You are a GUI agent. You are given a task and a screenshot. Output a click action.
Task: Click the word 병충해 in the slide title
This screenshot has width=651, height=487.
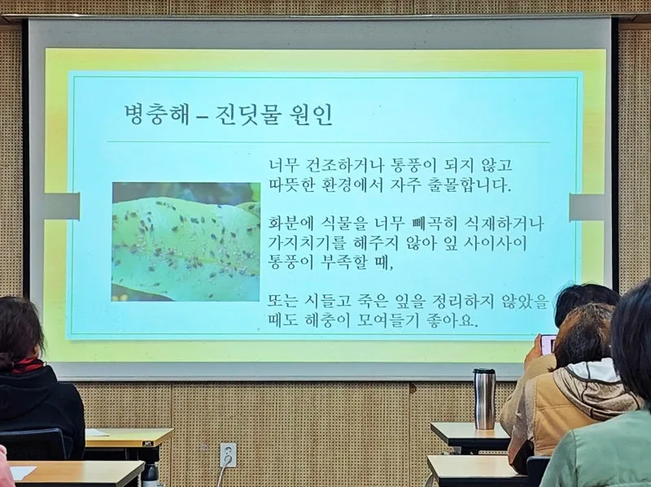click(x=156, y=114)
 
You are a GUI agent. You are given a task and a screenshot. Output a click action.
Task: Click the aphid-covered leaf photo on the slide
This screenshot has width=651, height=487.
click(x=186, y=241)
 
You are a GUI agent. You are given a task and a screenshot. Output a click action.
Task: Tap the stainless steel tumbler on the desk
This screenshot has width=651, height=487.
click(x=484, y=398)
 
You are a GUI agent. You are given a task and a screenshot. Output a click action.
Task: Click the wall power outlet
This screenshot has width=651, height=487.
click(x=228, y=454)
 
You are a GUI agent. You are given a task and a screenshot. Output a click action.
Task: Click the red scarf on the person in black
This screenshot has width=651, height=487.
click(x=28, y=366)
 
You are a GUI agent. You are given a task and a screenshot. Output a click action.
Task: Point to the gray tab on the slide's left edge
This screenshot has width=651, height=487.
click(x=62, y=207)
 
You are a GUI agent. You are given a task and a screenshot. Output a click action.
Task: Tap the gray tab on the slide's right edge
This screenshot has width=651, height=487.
click(x=587, y=207)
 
